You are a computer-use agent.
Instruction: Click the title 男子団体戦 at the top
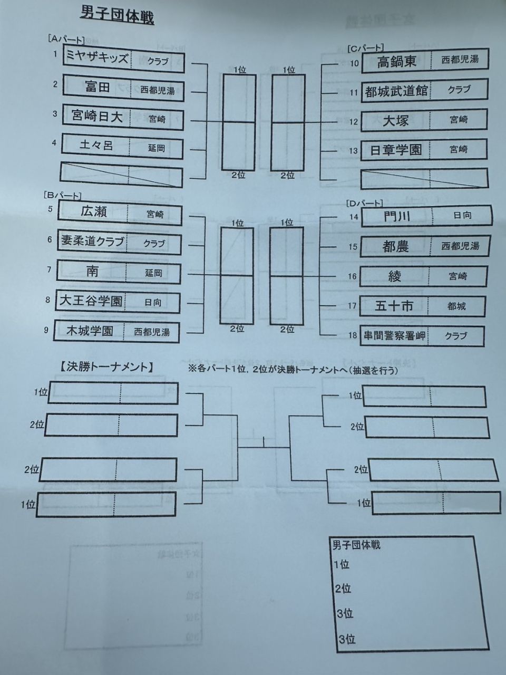pyautogui.click(x=116, y=15)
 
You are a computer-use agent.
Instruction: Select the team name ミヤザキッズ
pyautogui.click(x=96, y=58)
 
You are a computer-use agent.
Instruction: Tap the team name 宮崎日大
pyautogui.click(x=97, y=116)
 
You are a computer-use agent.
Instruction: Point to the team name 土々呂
pyautogui.click(x=96, y=145)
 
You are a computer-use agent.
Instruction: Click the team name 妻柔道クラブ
pyautogui.click(x=92, y=242)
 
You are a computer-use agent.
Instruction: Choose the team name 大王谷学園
pyautogui.click(x=91, y=301)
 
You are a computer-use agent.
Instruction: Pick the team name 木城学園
pyautogui.click(x=90, y=331)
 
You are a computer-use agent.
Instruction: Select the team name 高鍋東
pyautogui.click(x=396, y=62)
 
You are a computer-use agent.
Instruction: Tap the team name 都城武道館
pyautogui.click(x=397, y=91)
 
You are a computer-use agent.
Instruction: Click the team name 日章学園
pyautogui.click(x=396, y=150)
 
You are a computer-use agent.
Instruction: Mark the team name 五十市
pyautogui.click(x=394, y=305)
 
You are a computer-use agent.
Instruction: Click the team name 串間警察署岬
pyautogui.click(x=394, y=335)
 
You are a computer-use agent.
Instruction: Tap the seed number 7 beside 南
pyautogui.click(x=49, y=269)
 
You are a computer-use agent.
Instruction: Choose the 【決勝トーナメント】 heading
pyautogui.click(x=106, y=368)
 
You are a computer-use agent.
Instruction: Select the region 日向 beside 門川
pyautogui.click(x=462, y=216)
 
